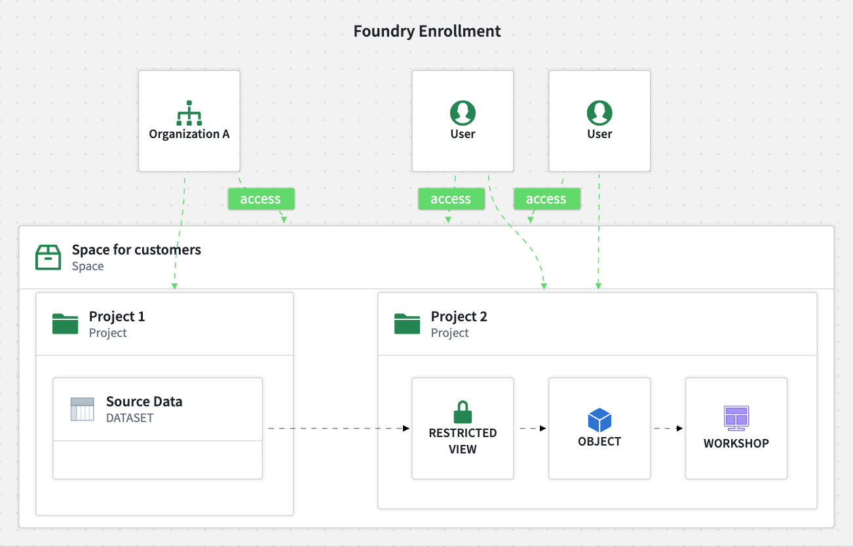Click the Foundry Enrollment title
[x=426, y=31]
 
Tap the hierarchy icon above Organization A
[x=189, y=113]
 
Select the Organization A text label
[x=189, y=134]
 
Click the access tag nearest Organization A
[x=261, y=199]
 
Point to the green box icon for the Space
[x=48, y=257]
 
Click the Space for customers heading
[x=136, y=249]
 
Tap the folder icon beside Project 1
[x=65, y=324]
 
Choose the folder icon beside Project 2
[x=407, y=324]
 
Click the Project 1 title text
[x=117, y=317]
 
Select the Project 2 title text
[x=459, y=317]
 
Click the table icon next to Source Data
[x=83, y=409]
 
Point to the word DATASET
[x=130, y=418]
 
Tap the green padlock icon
[x=463, y=412]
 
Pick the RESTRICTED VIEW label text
[x=463, y=441]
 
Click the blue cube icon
[x=599, y=419]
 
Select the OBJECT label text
[x=599, y=442]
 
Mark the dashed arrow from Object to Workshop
[x=668, y=429]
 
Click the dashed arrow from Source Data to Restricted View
[x=337, y=429]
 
